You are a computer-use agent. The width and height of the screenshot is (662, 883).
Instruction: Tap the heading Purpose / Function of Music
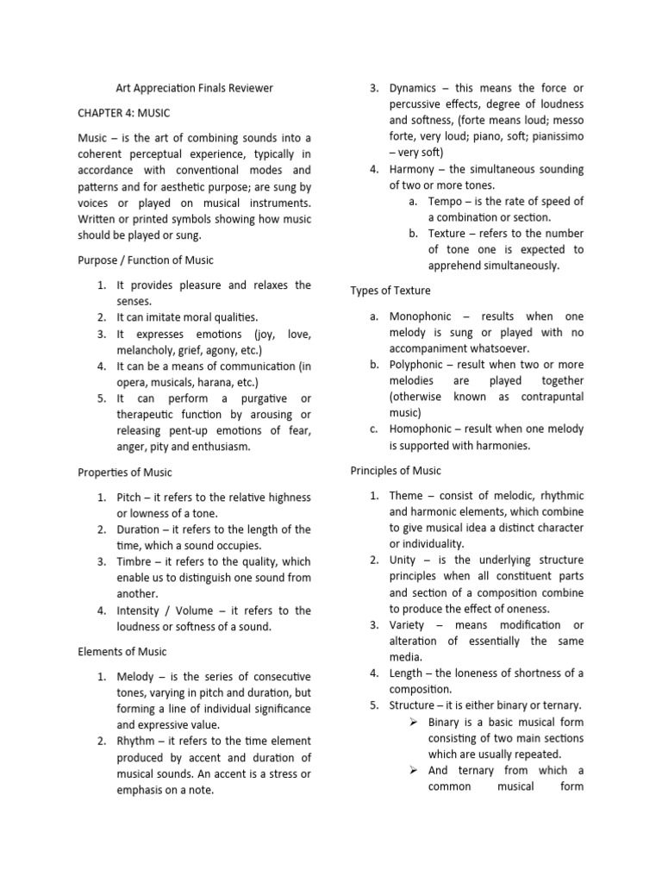pos(146,260)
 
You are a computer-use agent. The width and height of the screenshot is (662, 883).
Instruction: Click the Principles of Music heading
pos(396,470)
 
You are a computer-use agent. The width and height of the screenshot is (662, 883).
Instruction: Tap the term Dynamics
pos(413,88)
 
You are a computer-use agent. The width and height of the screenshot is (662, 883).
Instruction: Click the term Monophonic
pos(424,316)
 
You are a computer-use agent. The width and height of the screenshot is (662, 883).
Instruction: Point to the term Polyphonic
pos(421,365)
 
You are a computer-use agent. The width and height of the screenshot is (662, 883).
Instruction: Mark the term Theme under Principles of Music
pos(406,495)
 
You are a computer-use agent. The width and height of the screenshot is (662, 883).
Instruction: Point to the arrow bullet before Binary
pos(414,723)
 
